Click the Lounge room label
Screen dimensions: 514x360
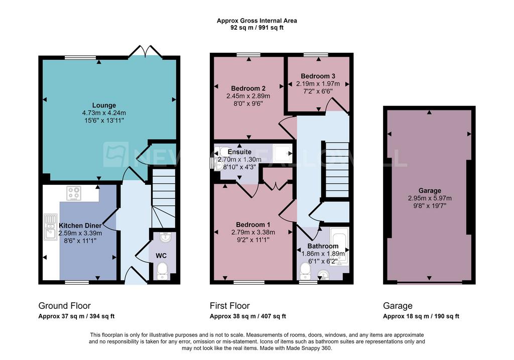pyautogui.click(x=104, y=105)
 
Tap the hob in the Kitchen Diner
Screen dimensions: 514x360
pyautogui.click(x=74, y=193)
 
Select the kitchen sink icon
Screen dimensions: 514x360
pyautogui.click(x=50, y=226)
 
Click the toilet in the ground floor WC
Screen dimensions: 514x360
pyautogui.click(x=162, y=271)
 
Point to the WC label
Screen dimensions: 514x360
pyautogui.click(x=161, y=256)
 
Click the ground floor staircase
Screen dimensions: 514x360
pyautogui.click(x=164, y=198)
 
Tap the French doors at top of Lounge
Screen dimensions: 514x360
pyautogui.click(x=145, y=51)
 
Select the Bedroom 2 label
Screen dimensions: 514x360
pyautogui.click(x=248, y=88)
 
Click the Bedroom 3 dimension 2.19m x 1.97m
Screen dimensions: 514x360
pyautogui.click(x=318, y=84)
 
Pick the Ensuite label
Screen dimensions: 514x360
pyautogui.click(x=239, y=152)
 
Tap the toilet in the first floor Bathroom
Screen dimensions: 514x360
pyautogui.click(x=306, y=272)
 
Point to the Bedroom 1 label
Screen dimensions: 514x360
pyautogui.click(x=253, y=224)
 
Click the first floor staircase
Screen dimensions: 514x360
pyautogui.click(x=337, y=170)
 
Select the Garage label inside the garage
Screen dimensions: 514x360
pyautogui.click(x=430, y=190)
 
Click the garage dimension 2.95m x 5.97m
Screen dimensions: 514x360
pyautogui.click(x=430, y=198)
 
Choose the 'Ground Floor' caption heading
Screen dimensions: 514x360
pyautogui.click(x=65, y=306)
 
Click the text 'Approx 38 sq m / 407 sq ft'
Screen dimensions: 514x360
pyautogui.click(x=248, y=316)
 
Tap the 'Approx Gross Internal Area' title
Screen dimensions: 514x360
pyautogui.click(x=257, y=21)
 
